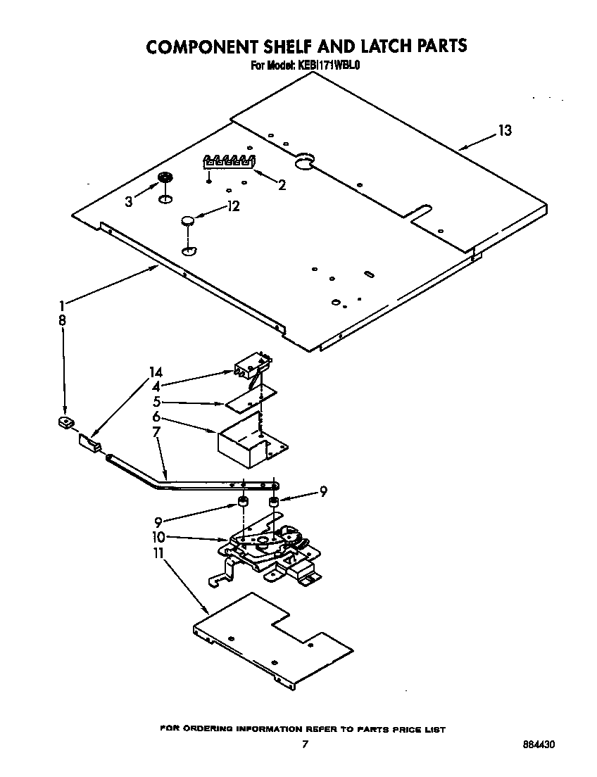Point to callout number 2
[282, 186]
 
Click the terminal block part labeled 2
[228, 162]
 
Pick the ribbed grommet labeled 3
[165, 178]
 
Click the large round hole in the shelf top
[304, 163]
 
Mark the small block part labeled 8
[65, 422]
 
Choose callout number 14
[156, 372]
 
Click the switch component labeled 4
[250, 366]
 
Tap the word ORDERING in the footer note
[212, 729]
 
